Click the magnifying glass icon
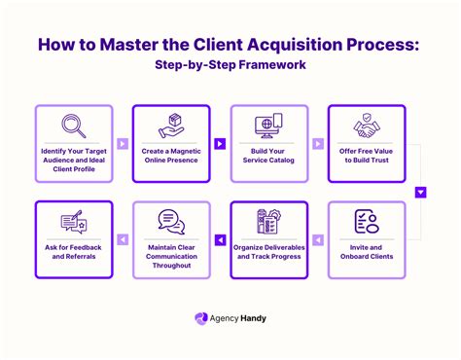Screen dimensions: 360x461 (x=73, y=126)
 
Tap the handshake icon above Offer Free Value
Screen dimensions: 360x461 (x=366, y=126)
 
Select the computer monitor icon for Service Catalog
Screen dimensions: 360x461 (x=268, y=126)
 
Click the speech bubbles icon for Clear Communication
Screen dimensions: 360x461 (x=171, y=223)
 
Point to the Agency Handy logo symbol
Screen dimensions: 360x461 (x=202, y=318)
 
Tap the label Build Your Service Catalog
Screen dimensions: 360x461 (x=268, y=159)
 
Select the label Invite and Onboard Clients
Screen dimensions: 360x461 (x=366, y=254)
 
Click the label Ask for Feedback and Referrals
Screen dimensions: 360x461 (x=73, y=254)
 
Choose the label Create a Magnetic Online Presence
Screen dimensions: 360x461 (x=171, y=159)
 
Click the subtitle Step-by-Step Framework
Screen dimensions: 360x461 (x=230, y=66)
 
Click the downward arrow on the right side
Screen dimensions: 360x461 (x=421, y=192)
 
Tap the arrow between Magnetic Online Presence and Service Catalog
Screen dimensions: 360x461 (x=220, y=143)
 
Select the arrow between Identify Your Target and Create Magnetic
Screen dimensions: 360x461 (x=123, y=143)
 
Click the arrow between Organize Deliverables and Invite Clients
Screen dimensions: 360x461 (x=317, y=239)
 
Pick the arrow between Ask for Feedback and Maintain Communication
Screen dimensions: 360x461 (x=123, y=239)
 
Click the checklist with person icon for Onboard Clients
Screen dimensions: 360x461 (x=366, y=223)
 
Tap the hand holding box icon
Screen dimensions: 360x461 (x=171, y=126)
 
